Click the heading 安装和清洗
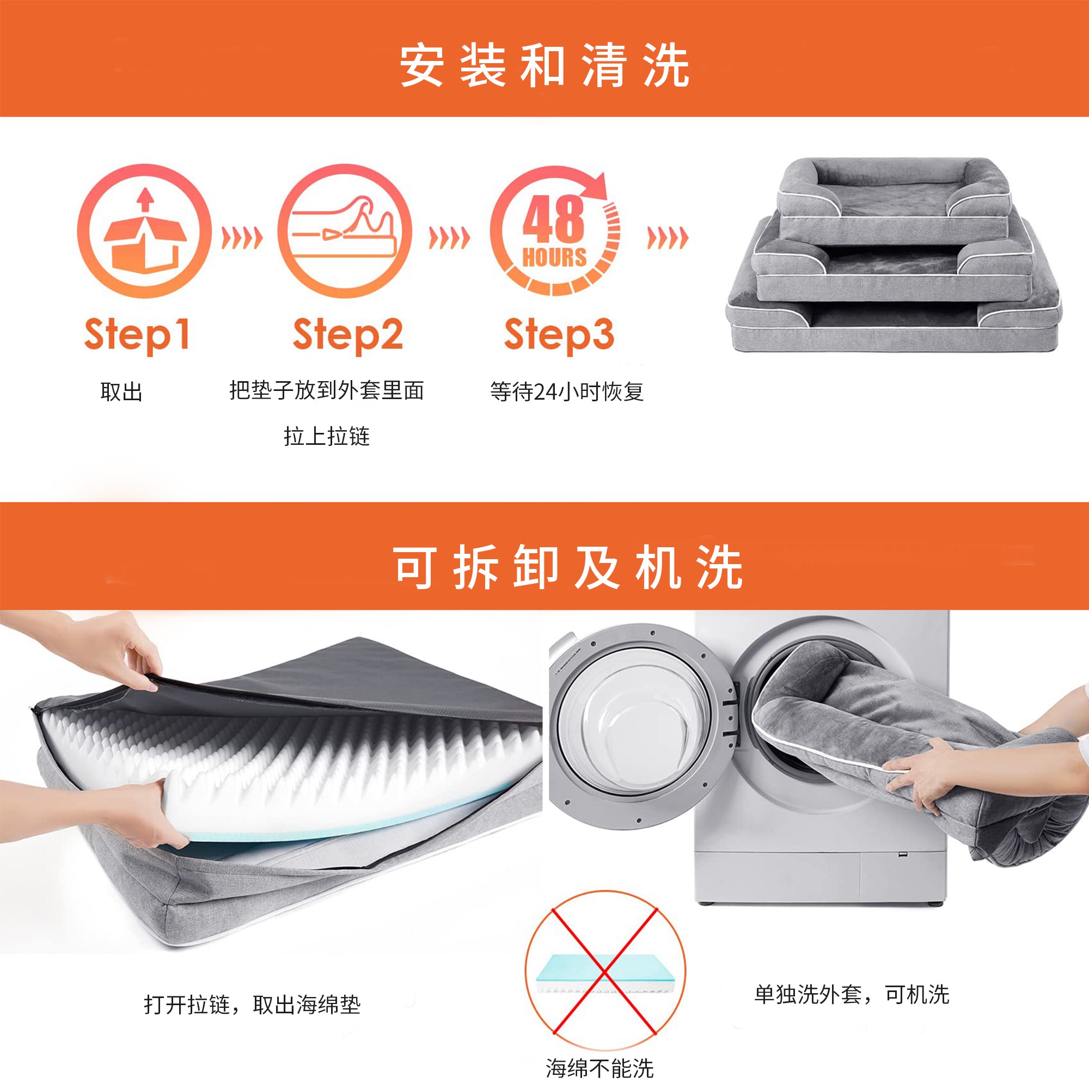point(544,66)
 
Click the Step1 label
point(137,335)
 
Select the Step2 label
point(348,335)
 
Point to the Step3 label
point(559,335)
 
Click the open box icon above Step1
point(144,231)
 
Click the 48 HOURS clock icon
point(555,231)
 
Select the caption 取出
point(121,391)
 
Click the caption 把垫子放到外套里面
point(327,390)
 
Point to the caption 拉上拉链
point(327,436)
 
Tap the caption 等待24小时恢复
point(567,391)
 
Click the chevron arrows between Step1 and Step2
point(242,238)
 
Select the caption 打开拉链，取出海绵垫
point(252,1020)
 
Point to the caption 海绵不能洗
point(599,1068)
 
